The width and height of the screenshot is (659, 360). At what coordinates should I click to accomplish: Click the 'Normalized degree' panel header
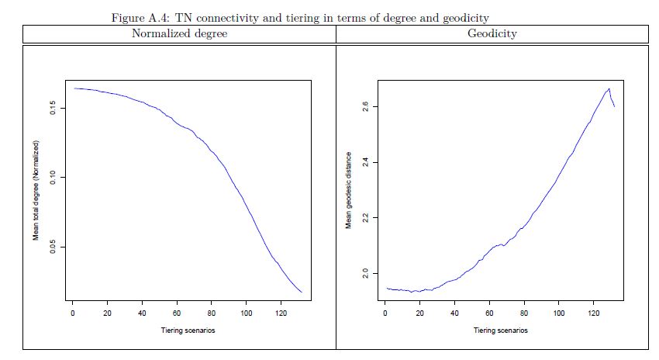coord(179,34)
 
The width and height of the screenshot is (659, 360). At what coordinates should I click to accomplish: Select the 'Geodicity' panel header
coord(492,34)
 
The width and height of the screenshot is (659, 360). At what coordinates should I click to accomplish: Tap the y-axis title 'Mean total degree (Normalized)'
coord(36,190)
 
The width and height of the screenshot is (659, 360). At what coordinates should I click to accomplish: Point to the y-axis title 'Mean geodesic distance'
coord(349,189)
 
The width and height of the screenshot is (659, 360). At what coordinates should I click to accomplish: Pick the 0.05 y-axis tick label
coord(53,247)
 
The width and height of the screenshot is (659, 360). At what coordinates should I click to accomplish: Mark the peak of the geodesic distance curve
coord(609,88)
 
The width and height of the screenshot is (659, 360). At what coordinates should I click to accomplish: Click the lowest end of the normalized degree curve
coord(301,292)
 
